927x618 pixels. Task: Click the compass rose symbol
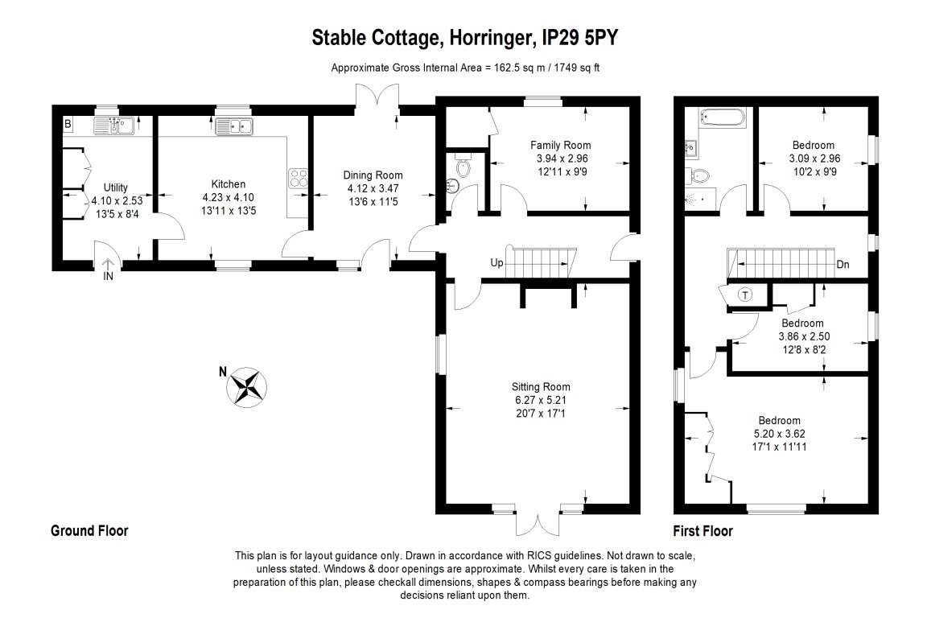[x=247, y=385]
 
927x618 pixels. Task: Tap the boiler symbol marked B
[x=68, y=124]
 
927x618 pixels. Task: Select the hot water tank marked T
[x=745, y=295]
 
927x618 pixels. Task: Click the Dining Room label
[x=372, y=175]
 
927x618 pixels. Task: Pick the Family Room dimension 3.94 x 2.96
[x=562, y=158]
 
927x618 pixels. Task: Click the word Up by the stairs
[x=497, y=262]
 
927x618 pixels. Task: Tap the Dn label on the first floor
[x=843, y=264]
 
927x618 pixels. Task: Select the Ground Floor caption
[x=89, y=531]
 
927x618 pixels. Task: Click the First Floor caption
[x=702, y=531]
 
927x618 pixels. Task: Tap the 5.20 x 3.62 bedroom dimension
[x=780, y=433]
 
